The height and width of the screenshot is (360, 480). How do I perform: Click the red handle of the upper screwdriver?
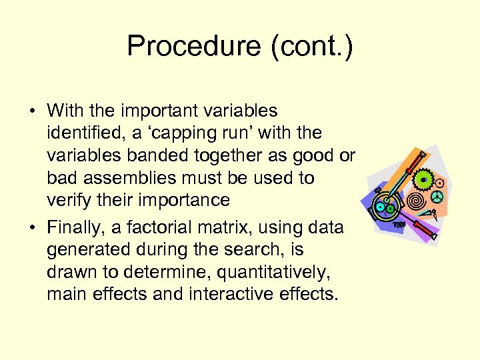417,160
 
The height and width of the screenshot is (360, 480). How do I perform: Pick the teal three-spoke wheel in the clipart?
437,197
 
